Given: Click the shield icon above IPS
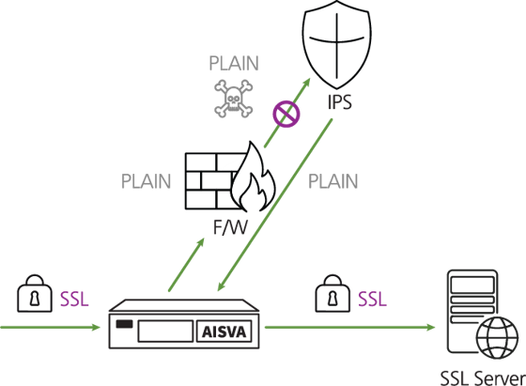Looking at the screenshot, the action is click(337, 45).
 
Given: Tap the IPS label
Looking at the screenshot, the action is click(339, 102).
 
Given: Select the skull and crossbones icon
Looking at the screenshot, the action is click(234, 99).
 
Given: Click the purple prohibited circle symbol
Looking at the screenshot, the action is click(286, 114).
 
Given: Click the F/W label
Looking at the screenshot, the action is click(230, 227).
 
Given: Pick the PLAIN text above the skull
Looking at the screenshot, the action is click(234, 63).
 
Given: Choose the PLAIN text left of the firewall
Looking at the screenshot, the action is click(146, 181).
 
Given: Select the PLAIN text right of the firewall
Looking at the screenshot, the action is click(333, 181).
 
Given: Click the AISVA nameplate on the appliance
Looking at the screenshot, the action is click(224, 332).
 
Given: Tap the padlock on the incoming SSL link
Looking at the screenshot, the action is click(35, 294).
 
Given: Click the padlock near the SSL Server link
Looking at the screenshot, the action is click(333, 294).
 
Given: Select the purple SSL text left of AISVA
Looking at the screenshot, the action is click(74, 299).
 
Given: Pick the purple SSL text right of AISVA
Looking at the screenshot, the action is click(372, 299).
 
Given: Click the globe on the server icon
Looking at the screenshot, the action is click(498, 338).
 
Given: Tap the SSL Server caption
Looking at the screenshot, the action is click(483, 378).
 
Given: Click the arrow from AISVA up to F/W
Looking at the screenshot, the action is click(187, 265).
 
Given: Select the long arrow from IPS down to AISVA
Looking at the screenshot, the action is click(275, 205).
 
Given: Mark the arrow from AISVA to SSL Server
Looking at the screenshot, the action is click(349, 328).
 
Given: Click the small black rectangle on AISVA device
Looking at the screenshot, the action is click(124, 324).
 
